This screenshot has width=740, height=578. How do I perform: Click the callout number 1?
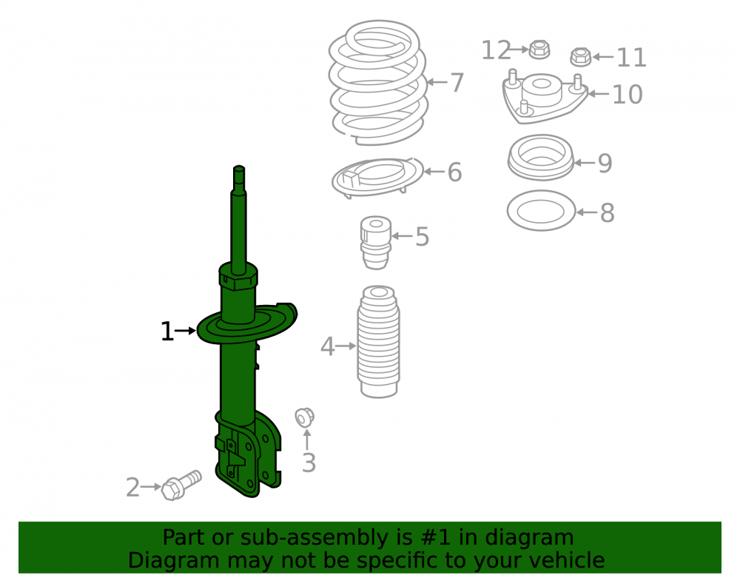pos(167,332)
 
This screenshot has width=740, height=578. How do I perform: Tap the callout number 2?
pos(132,488)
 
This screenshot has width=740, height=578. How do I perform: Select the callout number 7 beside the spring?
pos(457,83)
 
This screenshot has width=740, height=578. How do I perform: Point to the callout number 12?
pos(496,50)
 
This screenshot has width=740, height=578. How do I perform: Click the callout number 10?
pos(628,95)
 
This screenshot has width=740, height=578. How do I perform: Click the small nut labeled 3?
pos(304,417)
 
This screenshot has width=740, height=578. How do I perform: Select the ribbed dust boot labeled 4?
pos(378,342)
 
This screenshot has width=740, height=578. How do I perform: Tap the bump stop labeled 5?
pos(376,243)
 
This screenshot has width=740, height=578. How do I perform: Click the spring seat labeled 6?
pos(377,178)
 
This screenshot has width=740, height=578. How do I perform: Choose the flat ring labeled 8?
pos(541,210)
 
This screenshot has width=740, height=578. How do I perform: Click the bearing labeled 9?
pos(541,158)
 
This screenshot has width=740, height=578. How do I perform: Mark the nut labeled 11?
pos(580,57)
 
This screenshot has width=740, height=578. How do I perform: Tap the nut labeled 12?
pos(539,50)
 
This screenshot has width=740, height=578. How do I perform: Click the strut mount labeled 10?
pos(545,98)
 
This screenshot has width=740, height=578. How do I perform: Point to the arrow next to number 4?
pos(346,346)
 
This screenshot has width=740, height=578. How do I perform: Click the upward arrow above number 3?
pos(307,440)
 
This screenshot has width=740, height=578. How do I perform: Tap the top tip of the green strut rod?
pos(239,167)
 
